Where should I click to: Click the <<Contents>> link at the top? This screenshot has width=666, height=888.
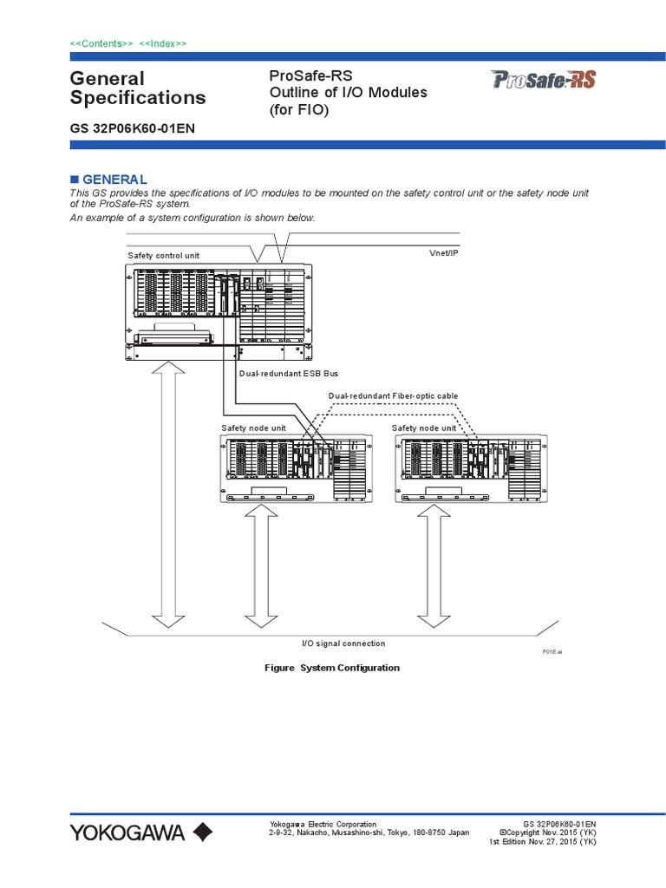tap(101, 43)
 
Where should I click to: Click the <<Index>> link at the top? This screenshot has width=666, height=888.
tap(161, 43)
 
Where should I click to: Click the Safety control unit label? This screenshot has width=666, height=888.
tap(164, 256)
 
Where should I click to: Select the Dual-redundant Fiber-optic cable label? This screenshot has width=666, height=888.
tap(393, 396)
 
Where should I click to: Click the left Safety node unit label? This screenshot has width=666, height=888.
tap(253, 428)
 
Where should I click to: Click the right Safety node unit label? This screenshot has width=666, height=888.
tap(424, 428)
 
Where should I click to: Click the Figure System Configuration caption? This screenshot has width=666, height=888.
tap(332, 668)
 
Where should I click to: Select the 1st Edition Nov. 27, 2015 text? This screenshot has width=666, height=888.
tap(542, 841)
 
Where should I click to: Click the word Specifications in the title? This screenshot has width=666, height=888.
tap(138, 97)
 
